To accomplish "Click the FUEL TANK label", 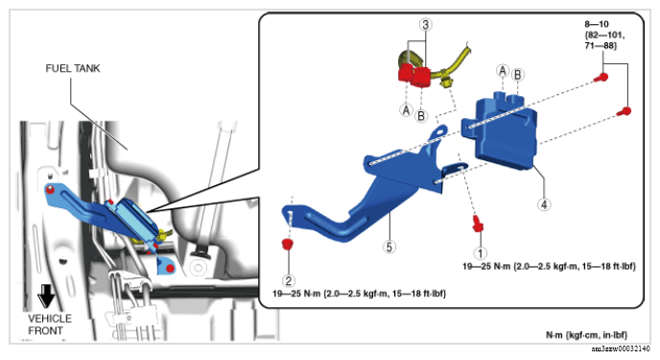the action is [73, 68].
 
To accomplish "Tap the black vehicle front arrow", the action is [46, 296].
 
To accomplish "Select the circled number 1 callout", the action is [481, 252].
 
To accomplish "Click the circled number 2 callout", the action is [289, 280].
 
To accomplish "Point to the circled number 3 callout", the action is [426, 25].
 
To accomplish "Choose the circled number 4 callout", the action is [544, 204].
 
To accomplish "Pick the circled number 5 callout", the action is [389, 247].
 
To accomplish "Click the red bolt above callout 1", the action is [478, 223].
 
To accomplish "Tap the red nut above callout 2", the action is [287, 244].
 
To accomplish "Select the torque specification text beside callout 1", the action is [549, 266].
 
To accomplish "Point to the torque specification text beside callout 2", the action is [359, 293].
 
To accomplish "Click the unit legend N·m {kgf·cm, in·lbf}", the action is [586, 335].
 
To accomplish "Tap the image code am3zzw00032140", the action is [621, 348].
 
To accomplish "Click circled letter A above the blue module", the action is [502, 71].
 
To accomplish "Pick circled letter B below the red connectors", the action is [421, 115].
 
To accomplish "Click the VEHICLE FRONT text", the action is [50, 324].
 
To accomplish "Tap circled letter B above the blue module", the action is [517, 75].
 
